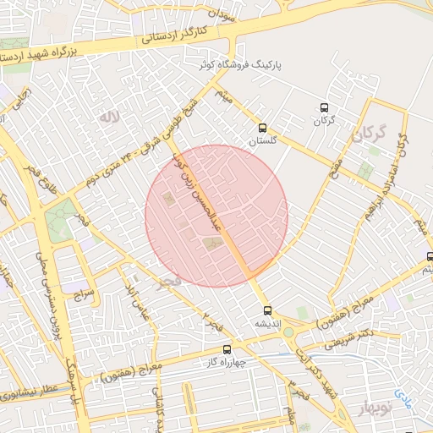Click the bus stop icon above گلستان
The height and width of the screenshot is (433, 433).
pyautogui.click(x=263, y=129)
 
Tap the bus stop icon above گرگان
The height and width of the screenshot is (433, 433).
pyautogui.click(x=324, y=107)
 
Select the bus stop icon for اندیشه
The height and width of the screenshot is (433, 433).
pyautogui.click(x=268, y=310)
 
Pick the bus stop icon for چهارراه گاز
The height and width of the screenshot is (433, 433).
pyautogui.click(x=226, y=349)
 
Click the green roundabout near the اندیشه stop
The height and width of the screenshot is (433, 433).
pyautogui.click(x=288, y=332)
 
